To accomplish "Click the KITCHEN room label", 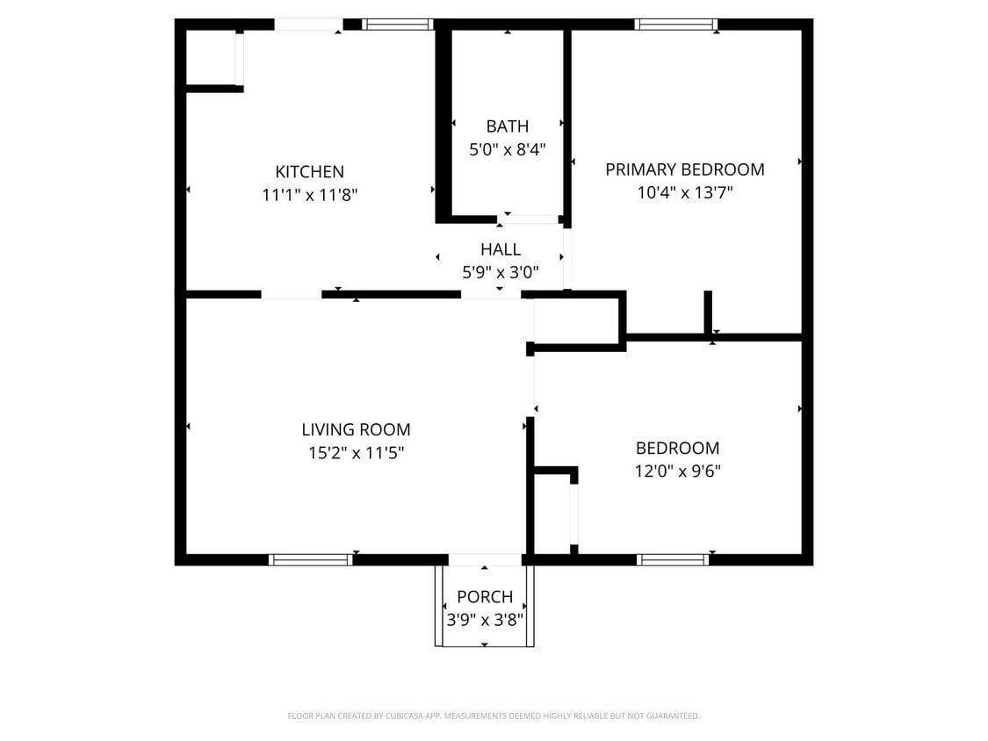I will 309,172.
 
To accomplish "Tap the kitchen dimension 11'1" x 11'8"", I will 309,195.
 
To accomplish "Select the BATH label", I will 507,126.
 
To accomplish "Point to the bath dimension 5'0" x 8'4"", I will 507,149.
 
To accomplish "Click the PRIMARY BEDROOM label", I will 684,169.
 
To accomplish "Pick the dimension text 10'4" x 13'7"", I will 684,192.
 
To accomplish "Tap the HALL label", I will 500,249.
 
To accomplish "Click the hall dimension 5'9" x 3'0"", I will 500,272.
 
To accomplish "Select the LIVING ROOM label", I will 356,429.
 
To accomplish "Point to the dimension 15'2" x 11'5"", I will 356,453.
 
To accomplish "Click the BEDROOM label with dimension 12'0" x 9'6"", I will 677,448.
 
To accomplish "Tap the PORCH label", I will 485,597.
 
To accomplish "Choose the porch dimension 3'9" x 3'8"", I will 485,619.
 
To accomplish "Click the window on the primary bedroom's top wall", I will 675,25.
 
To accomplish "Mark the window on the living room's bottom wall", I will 310,559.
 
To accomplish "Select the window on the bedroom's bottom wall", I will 672,559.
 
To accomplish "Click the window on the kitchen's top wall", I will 397,25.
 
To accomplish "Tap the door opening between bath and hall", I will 530,219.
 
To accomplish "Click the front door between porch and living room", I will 485,559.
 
